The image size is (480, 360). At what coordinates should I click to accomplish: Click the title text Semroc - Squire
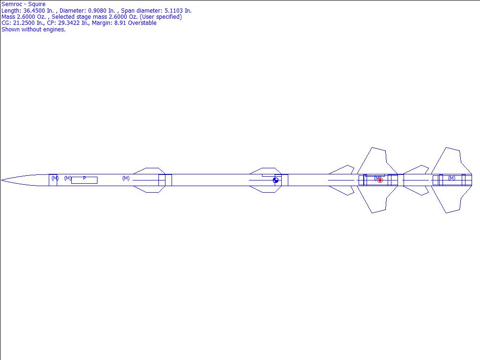pyautogui.click(x=23, y=4)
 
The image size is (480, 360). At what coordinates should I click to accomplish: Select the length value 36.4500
pyautogui.click(x=35, y=11)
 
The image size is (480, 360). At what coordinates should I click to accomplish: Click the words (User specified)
pyautogui.click(x=161, y=17)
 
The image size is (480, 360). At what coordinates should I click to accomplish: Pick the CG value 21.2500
pyautogui.click(x=24, y=23)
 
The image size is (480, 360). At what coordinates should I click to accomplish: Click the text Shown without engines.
pyautogui.click(x=33, y=30)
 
